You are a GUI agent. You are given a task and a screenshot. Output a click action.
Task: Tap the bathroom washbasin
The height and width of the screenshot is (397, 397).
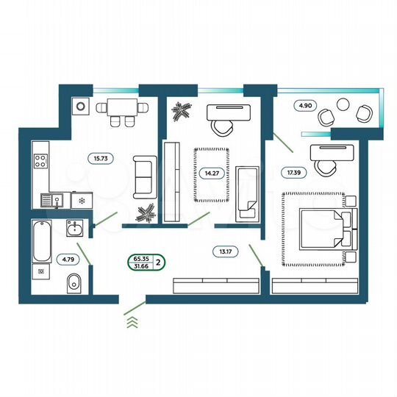click(x=73, y=229)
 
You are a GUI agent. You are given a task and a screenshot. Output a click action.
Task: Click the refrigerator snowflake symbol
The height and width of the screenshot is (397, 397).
click(x=82, y=199)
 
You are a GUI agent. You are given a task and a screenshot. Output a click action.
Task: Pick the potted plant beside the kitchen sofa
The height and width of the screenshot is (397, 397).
click(x=147, y=211)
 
